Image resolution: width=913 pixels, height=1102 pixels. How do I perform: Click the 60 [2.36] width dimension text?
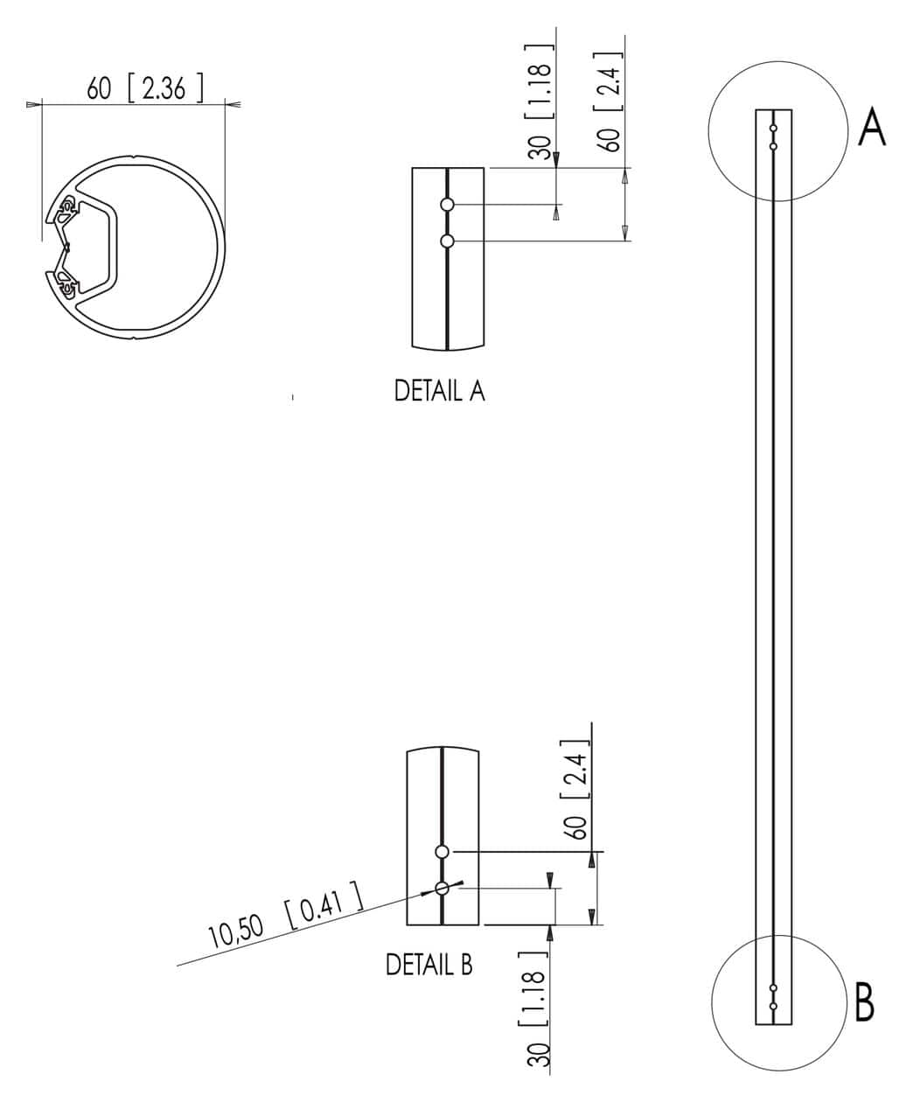click(144, 88)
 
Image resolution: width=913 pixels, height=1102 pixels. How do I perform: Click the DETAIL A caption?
click(439, 391)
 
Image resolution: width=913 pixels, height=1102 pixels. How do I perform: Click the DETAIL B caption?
click(429, 965)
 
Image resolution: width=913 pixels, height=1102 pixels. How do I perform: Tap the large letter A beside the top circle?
click(872, 128)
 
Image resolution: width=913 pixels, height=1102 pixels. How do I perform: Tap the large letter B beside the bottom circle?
click(864, 1004)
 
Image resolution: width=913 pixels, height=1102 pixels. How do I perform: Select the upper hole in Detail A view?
click(448, 205)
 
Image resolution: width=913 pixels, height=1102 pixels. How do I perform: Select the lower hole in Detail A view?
click(448, 241)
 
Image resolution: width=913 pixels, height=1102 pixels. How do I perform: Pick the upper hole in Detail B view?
click(442, 851)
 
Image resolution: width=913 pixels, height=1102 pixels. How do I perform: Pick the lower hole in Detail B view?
click(442, 889)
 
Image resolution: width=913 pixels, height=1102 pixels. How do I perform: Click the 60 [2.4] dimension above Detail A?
click(611, 94)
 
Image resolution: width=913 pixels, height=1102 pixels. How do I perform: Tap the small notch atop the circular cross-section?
click(132, 159)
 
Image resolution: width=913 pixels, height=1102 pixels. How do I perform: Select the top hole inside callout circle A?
click(773, 129)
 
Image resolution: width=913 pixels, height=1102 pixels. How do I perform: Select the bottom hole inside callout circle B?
click(773, 1007)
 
